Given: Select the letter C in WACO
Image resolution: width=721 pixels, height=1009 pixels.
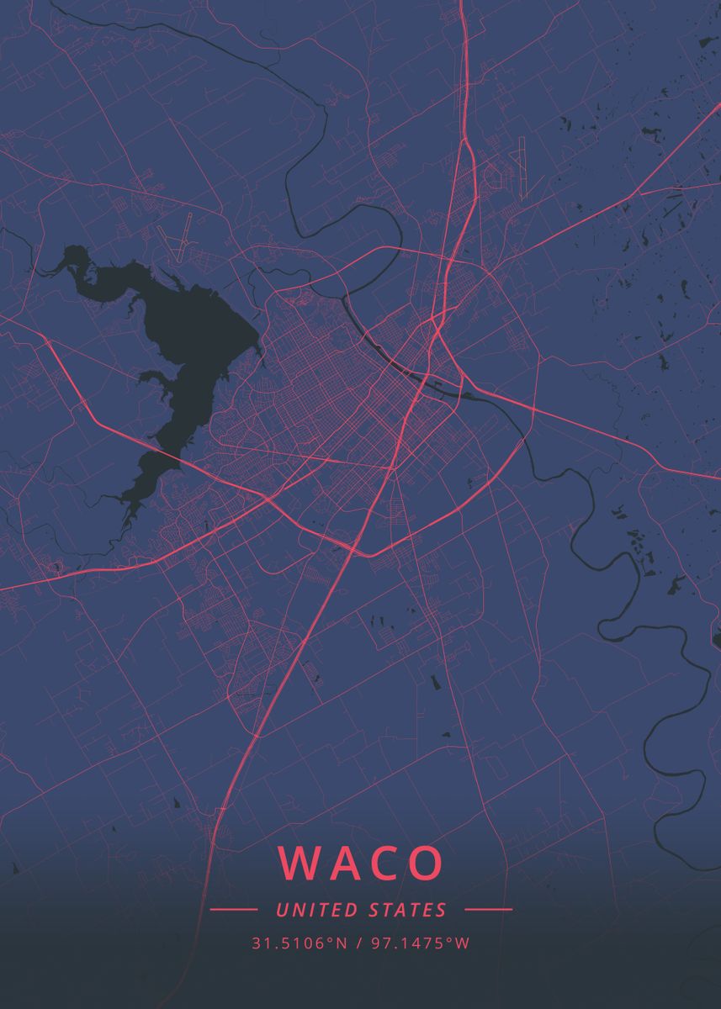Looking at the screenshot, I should [x=383, y=863].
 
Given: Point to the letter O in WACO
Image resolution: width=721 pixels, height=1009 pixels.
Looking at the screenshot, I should [x=426, y=863].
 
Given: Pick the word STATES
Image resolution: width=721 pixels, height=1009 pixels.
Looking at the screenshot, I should [x=407, y=910].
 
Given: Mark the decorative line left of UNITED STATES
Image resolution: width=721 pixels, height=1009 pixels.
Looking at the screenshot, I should [x=233, y=910].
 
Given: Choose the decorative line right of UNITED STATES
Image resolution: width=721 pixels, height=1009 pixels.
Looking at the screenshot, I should [x=488, y=910].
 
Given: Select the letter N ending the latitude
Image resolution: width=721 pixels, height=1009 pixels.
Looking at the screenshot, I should [x=342, y=943].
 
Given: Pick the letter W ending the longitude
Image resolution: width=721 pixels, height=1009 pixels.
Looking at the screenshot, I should [x=463, y=943].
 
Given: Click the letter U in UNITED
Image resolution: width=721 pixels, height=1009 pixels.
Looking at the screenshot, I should [x=280, y=910].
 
